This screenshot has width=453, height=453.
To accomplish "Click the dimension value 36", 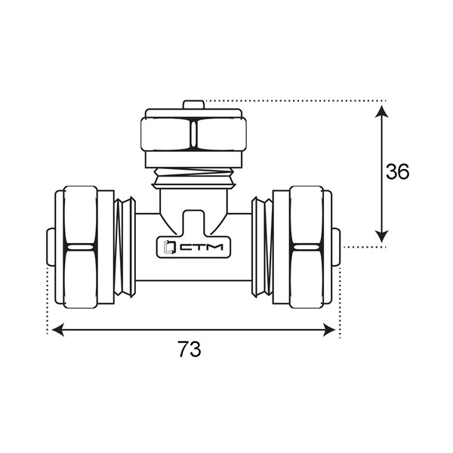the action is [398, 171].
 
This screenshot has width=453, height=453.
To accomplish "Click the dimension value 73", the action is [190, 349].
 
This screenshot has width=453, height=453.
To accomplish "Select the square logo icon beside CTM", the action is [170, 247].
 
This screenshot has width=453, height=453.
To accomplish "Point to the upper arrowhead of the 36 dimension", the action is [381, 112].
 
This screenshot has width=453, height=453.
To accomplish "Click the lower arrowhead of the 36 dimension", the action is [381, 236].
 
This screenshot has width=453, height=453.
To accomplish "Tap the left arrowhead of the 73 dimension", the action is [58, 330].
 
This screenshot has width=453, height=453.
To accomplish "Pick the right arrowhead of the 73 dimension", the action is [328, 330].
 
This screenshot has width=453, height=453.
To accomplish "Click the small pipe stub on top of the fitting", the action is [193, 105].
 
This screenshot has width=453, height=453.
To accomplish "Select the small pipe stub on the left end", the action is [51, 247].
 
